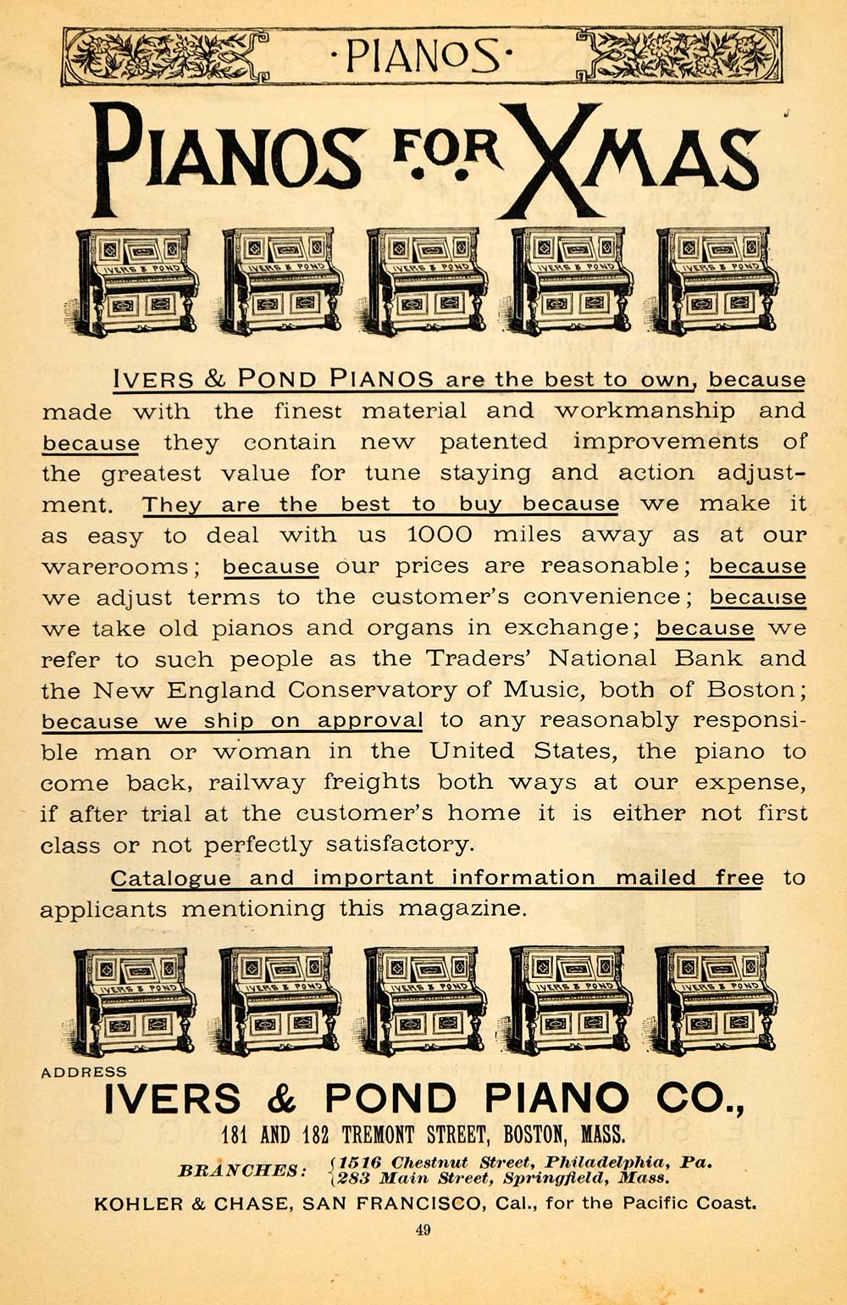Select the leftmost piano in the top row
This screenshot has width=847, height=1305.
point(136,281)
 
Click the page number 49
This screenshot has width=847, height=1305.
point(423,1230)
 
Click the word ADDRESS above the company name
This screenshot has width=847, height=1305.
point(84,1072)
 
